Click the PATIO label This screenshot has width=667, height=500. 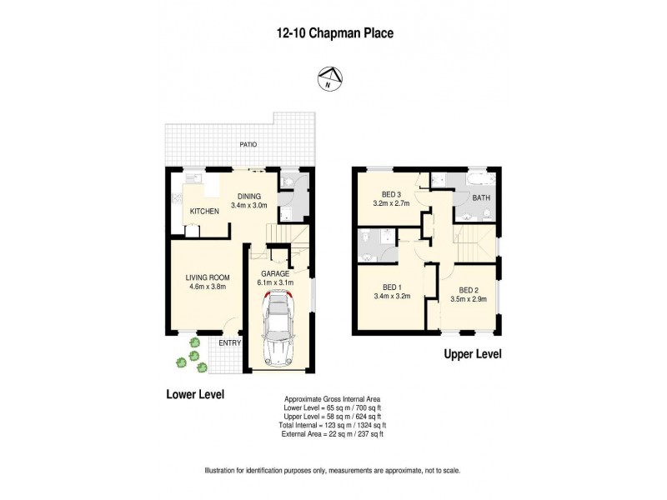point(248,145)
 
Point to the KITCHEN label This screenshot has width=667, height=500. point(204,212)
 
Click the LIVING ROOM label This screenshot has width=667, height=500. point(207,277)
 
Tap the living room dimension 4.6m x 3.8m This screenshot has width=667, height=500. point(207,288)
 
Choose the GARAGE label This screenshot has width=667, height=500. point(274,273)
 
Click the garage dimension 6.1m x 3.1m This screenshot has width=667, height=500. point(274,283)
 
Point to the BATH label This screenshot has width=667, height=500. point(481,198)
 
